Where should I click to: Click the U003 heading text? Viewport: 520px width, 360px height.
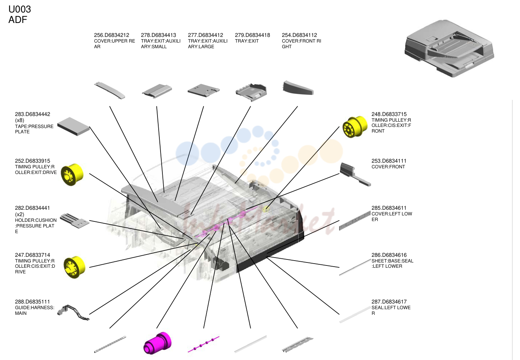(20, 9)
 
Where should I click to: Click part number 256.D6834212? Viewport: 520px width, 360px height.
(112, 35)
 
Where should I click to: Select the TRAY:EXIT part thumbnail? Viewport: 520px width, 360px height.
(251, 92)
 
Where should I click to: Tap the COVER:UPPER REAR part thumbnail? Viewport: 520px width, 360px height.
(110, 90)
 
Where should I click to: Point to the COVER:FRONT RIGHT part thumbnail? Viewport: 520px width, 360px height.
(298, 88)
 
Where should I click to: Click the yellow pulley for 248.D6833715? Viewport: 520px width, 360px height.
(355, 127)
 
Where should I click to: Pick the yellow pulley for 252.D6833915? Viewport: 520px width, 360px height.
(72, 174)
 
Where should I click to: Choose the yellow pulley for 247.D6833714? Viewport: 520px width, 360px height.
(74, 267)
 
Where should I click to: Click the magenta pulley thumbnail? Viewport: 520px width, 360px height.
(158, 343)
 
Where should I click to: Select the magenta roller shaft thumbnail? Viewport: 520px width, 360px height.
(203, 344)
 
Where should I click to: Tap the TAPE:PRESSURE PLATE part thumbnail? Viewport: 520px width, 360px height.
(73, 127)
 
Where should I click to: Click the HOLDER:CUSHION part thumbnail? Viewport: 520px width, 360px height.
(75, 221)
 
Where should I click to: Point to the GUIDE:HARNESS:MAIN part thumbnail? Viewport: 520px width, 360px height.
(73, 313)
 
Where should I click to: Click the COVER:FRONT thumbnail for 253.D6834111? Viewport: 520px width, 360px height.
(355, 174)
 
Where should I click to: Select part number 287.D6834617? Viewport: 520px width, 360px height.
(389, 302)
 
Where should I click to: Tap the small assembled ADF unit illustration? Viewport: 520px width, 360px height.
(450, 48)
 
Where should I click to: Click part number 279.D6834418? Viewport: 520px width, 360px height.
(252, 35)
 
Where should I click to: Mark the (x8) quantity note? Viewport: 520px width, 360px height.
(20, 120)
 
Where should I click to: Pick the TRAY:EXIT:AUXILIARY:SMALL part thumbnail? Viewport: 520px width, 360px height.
(157, 91)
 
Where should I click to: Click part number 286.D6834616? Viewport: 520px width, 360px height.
(389, 255)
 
